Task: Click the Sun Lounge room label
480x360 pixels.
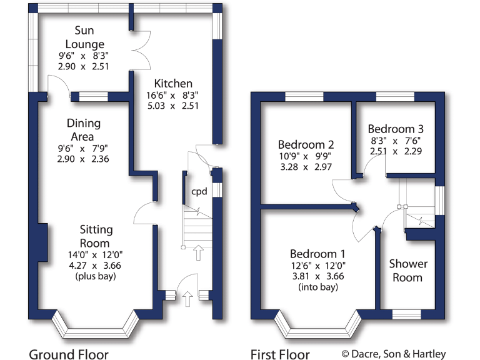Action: [89, 37]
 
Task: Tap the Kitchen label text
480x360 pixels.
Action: [173, 84]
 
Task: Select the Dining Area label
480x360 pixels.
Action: [83, 130]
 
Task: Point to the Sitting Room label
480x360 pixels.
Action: [95, 236]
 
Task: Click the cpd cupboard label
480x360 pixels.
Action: [199, 191]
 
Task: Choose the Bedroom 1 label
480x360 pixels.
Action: [317, 254]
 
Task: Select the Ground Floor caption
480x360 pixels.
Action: [69, 354]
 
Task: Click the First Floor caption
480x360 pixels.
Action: [280, 354]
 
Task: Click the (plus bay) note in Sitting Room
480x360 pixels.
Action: [95, 276]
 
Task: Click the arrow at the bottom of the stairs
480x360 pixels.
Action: [198, 253]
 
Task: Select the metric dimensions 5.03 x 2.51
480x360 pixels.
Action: [173, 106]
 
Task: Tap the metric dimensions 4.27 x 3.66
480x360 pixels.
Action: [95, 265]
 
